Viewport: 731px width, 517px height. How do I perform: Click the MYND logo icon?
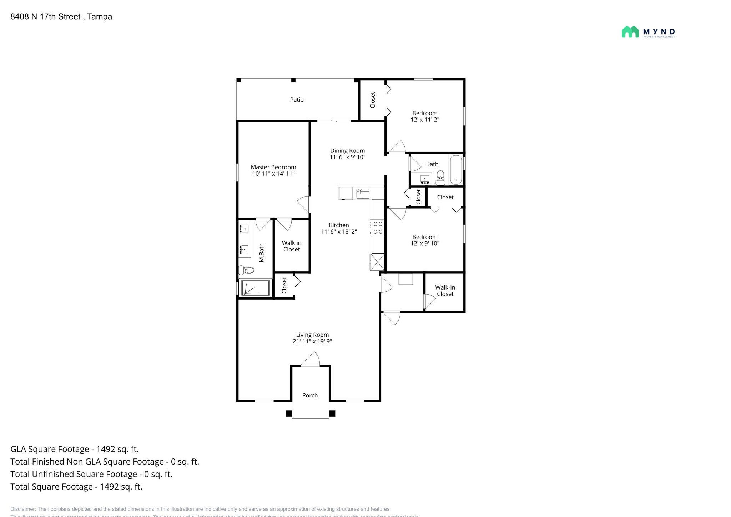click(x=630, y=32)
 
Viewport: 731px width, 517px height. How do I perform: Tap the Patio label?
click(x=297, y=100)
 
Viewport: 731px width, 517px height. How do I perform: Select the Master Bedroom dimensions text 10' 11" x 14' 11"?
click(x=273, y=174)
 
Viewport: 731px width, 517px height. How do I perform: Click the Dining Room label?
click(x=347, y=151)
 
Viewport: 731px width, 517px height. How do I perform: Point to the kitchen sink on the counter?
click(x=363, y=194)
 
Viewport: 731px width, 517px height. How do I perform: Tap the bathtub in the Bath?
click(x=456, y=169)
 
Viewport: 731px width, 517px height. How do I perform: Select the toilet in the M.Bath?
click(x=246, y=270)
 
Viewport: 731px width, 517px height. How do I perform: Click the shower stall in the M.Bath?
click(x=255, y=288)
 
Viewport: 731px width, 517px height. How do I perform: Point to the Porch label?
click(x=310, y=395)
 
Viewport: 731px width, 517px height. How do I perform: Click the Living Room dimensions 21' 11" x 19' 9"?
click(x=312, y=341)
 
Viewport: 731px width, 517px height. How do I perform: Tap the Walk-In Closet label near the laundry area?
click(x=445, y=291)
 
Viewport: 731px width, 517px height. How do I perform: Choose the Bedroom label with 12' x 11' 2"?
click(x=425, y=113)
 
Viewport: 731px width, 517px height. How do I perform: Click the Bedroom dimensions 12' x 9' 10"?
click(x=425, y=244)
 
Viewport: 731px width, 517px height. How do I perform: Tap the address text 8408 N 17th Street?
click(x=45, y=17)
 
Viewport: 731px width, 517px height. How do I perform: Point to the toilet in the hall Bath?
click(x=440, y=177)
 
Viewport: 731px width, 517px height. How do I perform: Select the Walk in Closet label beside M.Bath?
click(x=291, y=246)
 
